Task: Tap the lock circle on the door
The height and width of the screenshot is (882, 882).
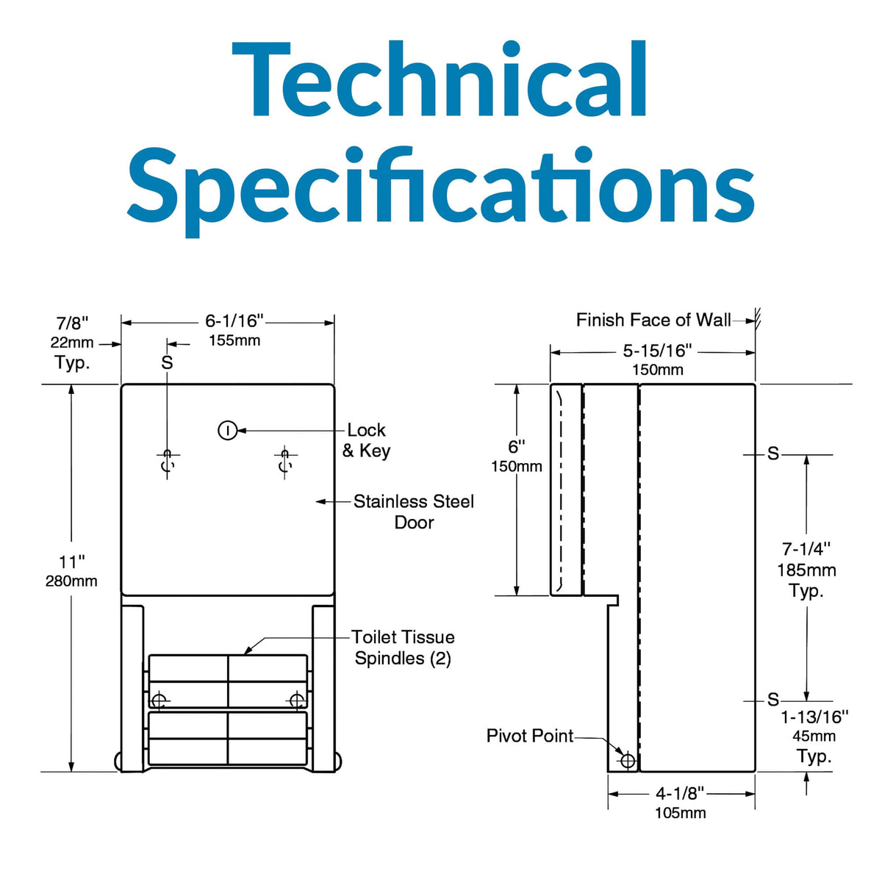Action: (227, 430)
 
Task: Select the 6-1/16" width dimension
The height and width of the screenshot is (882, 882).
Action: (234, 321)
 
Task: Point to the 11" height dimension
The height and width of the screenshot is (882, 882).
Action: (72, 562)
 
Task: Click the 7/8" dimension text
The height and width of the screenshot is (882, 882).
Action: (72, 323)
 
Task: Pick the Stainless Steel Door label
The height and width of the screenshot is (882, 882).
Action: (414, 512)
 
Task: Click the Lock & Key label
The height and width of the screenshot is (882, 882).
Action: (366, 440)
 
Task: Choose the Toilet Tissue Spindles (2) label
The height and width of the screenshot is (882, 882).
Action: (403, 648)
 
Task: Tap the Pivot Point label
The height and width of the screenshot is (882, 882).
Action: (529, 736)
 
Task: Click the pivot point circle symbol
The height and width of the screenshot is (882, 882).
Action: (628, 761)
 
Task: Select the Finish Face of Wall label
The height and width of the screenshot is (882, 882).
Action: (653, 320)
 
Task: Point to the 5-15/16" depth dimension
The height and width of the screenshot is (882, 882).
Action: (657, 351)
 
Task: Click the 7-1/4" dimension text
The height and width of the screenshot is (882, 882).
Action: (806, 548)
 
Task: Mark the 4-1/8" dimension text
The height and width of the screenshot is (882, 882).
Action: (680, 793)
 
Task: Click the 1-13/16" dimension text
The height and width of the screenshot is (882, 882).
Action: (814, 717)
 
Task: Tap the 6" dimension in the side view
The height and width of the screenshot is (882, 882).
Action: (517, 447)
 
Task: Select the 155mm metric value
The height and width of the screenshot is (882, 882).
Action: (234, 340)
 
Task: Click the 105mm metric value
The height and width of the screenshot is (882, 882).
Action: (680, 813)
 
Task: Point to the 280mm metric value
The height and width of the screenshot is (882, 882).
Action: (71, 581)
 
